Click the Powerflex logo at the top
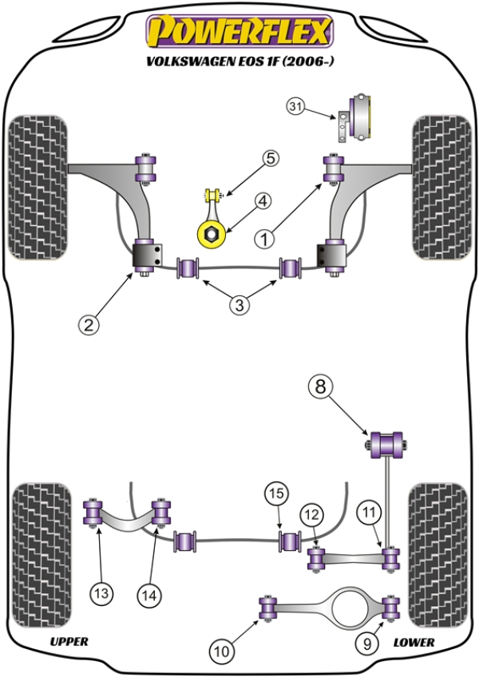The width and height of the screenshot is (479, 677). point(238,32)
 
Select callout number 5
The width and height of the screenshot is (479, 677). point(271,159)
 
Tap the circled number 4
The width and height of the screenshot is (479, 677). point(263,202)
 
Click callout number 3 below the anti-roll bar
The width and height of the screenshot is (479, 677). point(239,303)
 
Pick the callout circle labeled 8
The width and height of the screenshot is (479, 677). point(320,388)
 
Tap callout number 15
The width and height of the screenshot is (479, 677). point(276,495)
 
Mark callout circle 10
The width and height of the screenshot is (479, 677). point(221,651)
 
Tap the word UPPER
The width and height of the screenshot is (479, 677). point(69,641)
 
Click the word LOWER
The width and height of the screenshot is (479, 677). point(414,641)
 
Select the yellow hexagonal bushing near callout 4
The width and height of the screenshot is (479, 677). point(212,233)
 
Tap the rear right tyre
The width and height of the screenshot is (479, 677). point(437,551)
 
